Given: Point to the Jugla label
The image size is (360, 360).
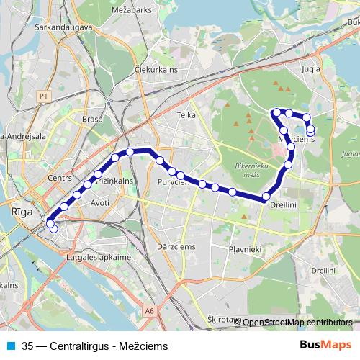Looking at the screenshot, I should [x=311, y=70].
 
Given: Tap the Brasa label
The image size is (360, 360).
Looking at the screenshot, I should [x=92, y=120].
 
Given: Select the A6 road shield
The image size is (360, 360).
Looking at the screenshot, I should [x=148, y=311].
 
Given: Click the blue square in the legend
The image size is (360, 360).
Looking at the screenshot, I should [x=9, y=344].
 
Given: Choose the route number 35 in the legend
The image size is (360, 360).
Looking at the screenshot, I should [x=27, y=344].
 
